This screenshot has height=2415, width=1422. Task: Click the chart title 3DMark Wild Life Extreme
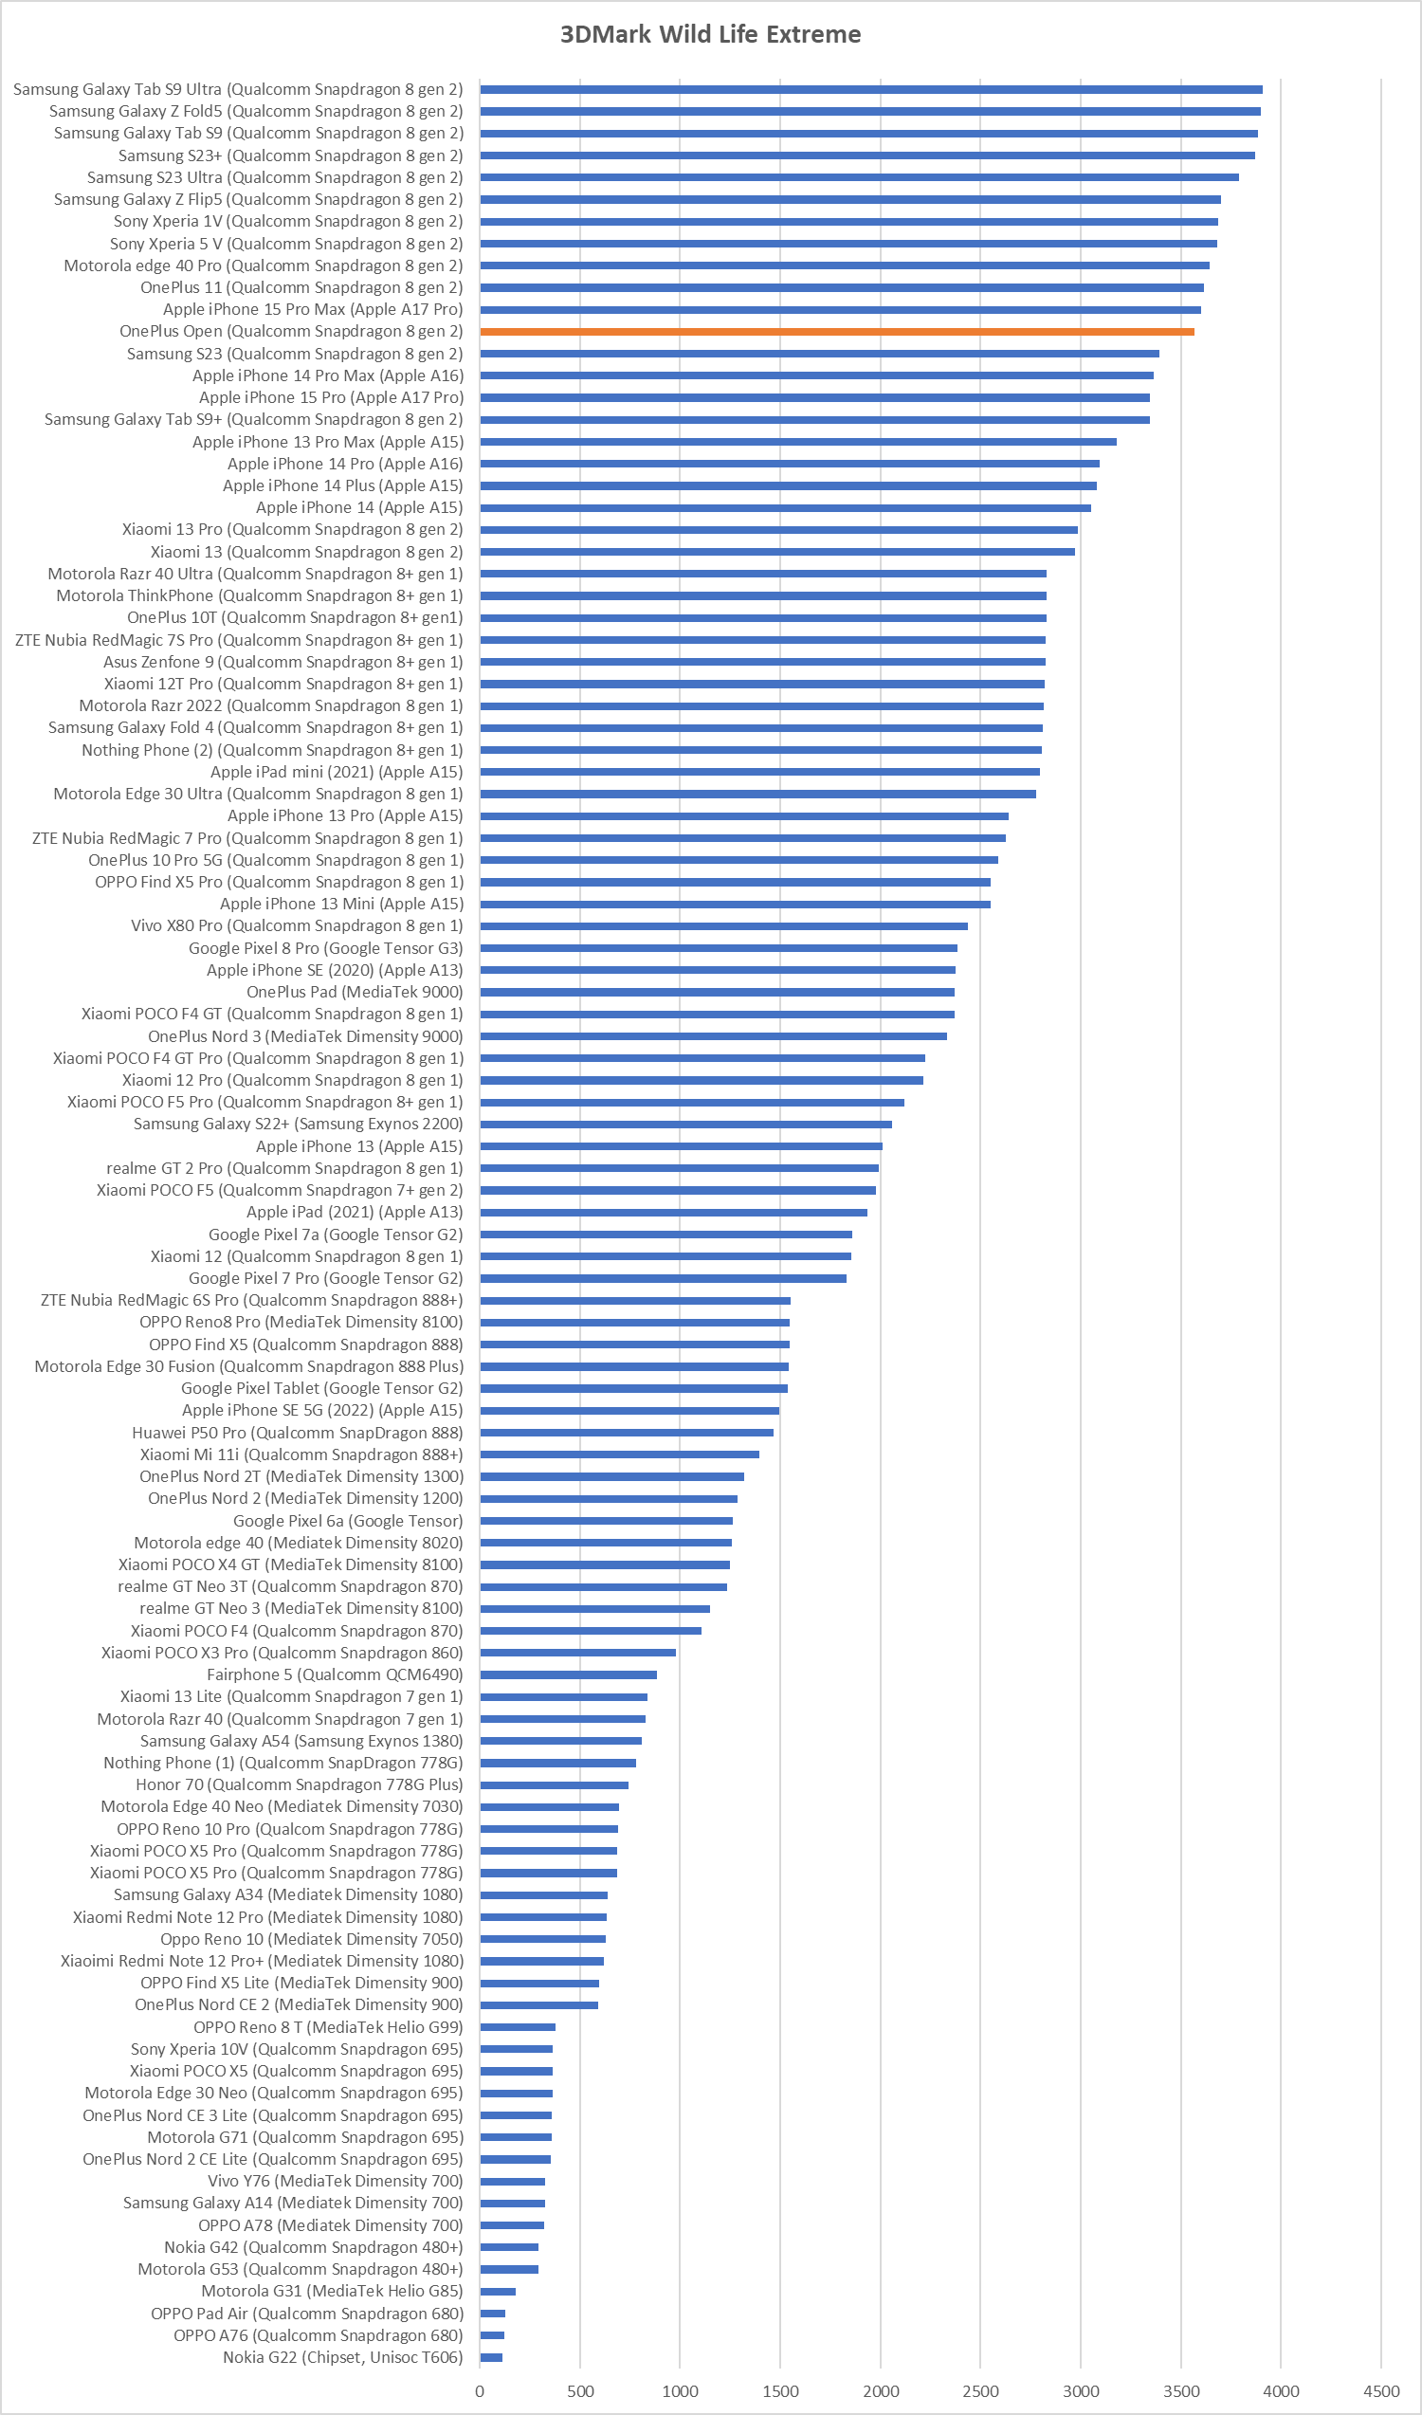point(710,34)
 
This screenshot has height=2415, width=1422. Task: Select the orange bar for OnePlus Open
point(836,332)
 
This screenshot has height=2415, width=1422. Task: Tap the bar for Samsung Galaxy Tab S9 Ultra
point(870,89)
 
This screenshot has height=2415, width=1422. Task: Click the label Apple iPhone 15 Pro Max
point(313,309)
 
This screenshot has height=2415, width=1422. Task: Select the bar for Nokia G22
point(491,2357)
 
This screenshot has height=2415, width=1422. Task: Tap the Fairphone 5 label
point(335,1674)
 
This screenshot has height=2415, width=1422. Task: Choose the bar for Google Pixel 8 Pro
point(719,948)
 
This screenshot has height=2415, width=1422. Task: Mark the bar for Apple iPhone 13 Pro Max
point(798,442)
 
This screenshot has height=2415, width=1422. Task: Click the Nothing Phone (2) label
point(272,750)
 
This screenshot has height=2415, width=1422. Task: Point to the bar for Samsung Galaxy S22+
point(686,1125)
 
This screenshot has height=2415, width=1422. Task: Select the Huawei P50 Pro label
point(297,1433)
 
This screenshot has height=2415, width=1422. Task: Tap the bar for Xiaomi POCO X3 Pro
point(578,1652)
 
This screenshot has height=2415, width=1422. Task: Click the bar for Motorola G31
point(498,2292)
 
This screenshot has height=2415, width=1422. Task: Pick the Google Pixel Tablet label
point(322,1389)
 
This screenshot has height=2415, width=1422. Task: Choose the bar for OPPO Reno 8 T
point(518,2027)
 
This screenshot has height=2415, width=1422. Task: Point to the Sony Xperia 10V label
point(297,2049)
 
